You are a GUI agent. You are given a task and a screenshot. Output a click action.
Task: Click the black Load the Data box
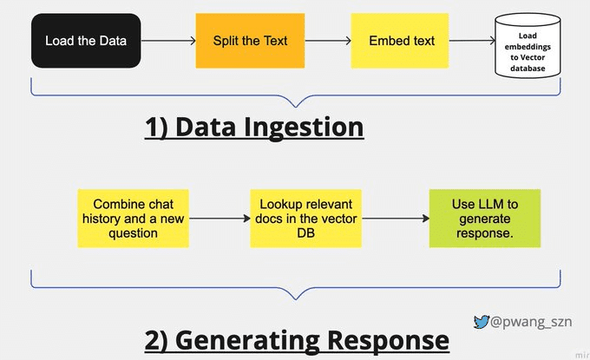pyautogui.click(x=85, y=41)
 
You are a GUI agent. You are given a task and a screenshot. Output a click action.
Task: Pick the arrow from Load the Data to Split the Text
pyautogui.click(x=168, y=41)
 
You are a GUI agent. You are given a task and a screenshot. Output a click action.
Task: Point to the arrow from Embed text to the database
pyautogui.click(x=469, y=41)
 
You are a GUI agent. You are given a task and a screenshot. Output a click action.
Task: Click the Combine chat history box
pyautogui.click(x=133, y=219)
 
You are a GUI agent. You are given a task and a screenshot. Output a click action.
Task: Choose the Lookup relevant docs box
pyautogui.click(x=305, y=219)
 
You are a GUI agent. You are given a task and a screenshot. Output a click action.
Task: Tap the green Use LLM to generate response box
pyautogui.click(x=484, y=219)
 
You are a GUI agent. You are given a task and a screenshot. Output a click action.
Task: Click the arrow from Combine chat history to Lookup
pyautogui.click(x=219, y=219)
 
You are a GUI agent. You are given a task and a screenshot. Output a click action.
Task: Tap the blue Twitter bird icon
pyautogui.click(x=481, y=322)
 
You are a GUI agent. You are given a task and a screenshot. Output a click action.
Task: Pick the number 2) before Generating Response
pyautogui.click(x=157, y=339)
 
